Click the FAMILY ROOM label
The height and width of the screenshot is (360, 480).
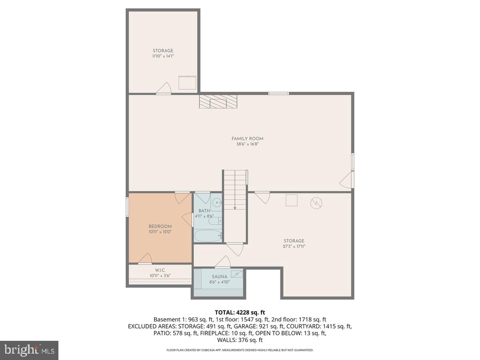(247, 139)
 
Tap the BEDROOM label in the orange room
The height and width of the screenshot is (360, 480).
(160, 226)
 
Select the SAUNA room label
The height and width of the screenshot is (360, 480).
(220, 276)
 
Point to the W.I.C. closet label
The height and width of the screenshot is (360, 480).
(160, 270)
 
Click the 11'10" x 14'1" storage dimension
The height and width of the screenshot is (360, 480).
(163, 56)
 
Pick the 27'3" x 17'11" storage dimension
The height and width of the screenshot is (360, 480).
(294, 246)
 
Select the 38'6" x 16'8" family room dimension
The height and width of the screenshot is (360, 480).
(247, 144)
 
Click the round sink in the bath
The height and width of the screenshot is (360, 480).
(215, 202)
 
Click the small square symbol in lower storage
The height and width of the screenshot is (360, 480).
(291, 200)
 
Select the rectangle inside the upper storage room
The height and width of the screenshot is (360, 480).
(187, 82)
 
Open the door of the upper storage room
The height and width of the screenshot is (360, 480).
(164, 89)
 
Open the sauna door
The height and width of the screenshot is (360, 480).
(222, 262)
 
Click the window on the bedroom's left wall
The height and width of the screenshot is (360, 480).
(127, 207)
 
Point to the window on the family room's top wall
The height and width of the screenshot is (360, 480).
(278, 93)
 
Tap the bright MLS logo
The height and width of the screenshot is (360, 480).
(29, 350)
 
